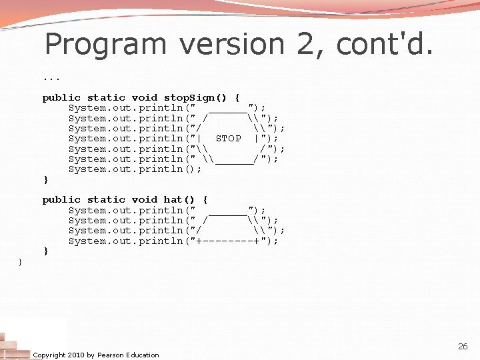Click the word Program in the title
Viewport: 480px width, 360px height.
click(x=106, y=45)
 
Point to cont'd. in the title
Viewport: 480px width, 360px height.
click(x=385, y=45)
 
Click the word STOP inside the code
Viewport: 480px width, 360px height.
click(x=229, y=139)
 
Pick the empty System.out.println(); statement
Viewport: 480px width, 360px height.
click(x=135, y=169)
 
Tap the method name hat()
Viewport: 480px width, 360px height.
click(x=179, y=200)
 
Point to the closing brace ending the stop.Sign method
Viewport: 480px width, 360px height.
click(x=45, y=180)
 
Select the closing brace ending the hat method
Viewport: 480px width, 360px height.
click(x=45, y=251)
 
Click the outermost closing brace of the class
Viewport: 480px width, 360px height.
click(x=20, y=262)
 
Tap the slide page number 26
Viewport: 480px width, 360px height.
click(x=463, y=347)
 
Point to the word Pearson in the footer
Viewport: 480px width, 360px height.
click(x=111, y=355)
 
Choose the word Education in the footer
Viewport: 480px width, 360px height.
click(x=143, y=355)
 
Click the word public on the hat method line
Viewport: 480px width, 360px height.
click(x=61, y=200)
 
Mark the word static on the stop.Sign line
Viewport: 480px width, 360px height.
click(x=106, y=97)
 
